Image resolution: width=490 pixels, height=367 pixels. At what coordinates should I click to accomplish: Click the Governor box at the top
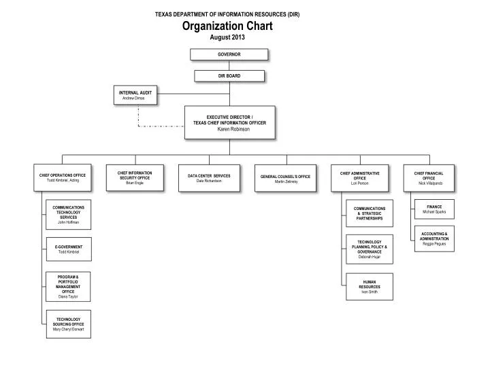pos(229,54)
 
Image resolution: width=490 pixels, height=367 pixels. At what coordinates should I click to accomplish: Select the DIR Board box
pos(229,75)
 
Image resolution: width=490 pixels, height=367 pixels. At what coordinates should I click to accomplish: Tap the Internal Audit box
pos(135,95)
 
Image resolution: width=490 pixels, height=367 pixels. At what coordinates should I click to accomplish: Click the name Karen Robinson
pos(229,128)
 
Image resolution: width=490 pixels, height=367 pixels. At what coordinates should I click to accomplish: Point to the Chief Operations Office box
pos(63,178)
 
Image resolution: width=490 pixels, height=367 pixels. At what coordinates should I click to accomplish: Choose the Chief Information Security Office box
pos(135,178)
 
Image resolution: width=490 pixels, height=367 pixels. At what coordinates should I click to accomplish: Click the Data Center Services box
pos(209,178)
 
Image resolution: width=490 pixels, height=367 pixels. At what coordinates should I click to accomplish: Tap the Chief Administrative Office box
pos(359,178)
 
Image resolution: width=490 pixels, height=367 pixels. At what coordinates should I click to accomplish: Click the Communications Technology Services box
pos(68,214)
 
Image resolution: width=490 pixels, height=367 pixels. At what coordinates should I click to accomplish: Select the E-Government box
pos(68,249)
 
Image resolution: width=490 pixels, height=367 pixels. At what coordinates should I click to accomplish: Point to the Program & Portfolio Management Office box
pos(68,286)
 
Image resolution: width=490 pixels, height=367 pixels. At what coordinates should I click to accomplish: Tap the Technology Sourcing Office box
pos(68,324)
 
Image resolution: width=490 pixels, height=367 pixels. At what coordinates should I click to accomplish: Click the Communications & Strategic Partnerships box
pos(369,213)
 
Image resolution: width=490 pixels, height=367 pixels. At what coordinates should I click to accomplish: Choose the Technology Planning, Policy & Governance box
pos(369,249)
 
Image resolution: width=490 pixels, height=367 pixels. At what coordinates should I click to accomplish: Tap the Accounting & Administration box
pos(434,239)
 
